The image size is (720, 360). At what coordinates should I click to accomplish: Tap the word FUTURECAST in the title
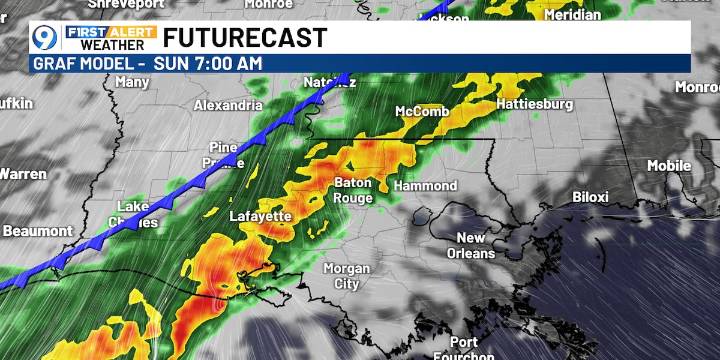[x=245, y=38]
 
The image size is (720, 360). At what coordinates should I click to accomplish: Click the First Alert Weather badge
[x=110, y=38]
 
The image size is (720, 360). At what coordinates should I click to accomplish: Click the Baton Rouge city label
[x=353, y=190]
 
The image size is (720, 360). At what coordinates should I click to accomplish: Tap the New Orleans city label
[x=471, y=245]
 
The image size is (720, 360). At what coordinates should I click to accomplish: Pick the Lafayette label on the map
[x=262, y=215]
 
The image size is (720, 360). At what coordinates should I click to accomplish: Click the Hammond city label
[x=425, y=186]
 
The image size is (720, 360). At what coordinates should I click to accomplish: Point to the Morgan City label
[x=346, y=276]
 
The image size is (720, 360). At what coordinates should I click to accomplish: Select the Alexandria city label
[x=228, y=105]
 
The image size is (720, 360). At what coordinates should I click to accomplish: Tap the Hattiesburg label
[x=535, y=104]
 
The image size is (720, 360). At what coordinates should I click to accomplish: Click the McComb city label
[x=422, y=111]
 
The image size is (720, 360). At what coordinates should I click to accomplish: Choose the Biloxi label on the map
[x=590, y=197]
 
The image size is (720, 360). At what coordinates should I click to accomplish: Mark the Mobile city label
[x=668, y=165]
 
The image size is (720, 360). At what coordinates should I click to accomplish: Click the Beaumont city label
[x=37, y=231]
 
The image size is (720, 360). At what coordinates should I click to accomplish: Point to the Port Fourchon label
[x=464, y=349]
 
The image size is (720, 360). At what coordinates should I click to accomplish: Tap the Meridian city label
[x=573, y=15]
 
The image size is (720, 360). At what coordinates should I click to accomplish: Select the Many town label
[x=132, y=82]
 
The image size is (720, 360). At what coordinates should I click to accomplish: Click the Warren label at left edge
[x=22, y=174]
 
